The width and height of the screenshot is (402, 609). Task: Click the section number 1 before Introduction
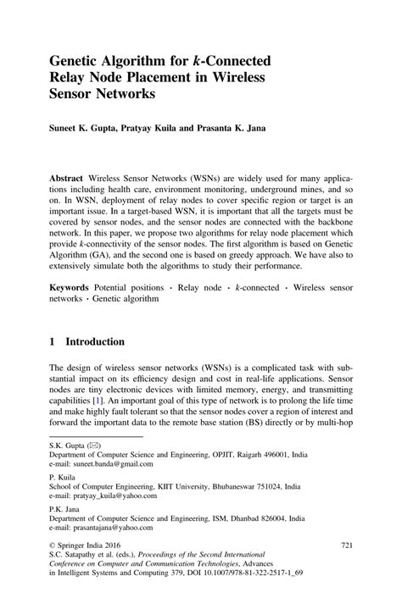53,342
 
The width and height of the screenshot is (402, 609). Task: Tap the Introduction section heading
95,342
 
